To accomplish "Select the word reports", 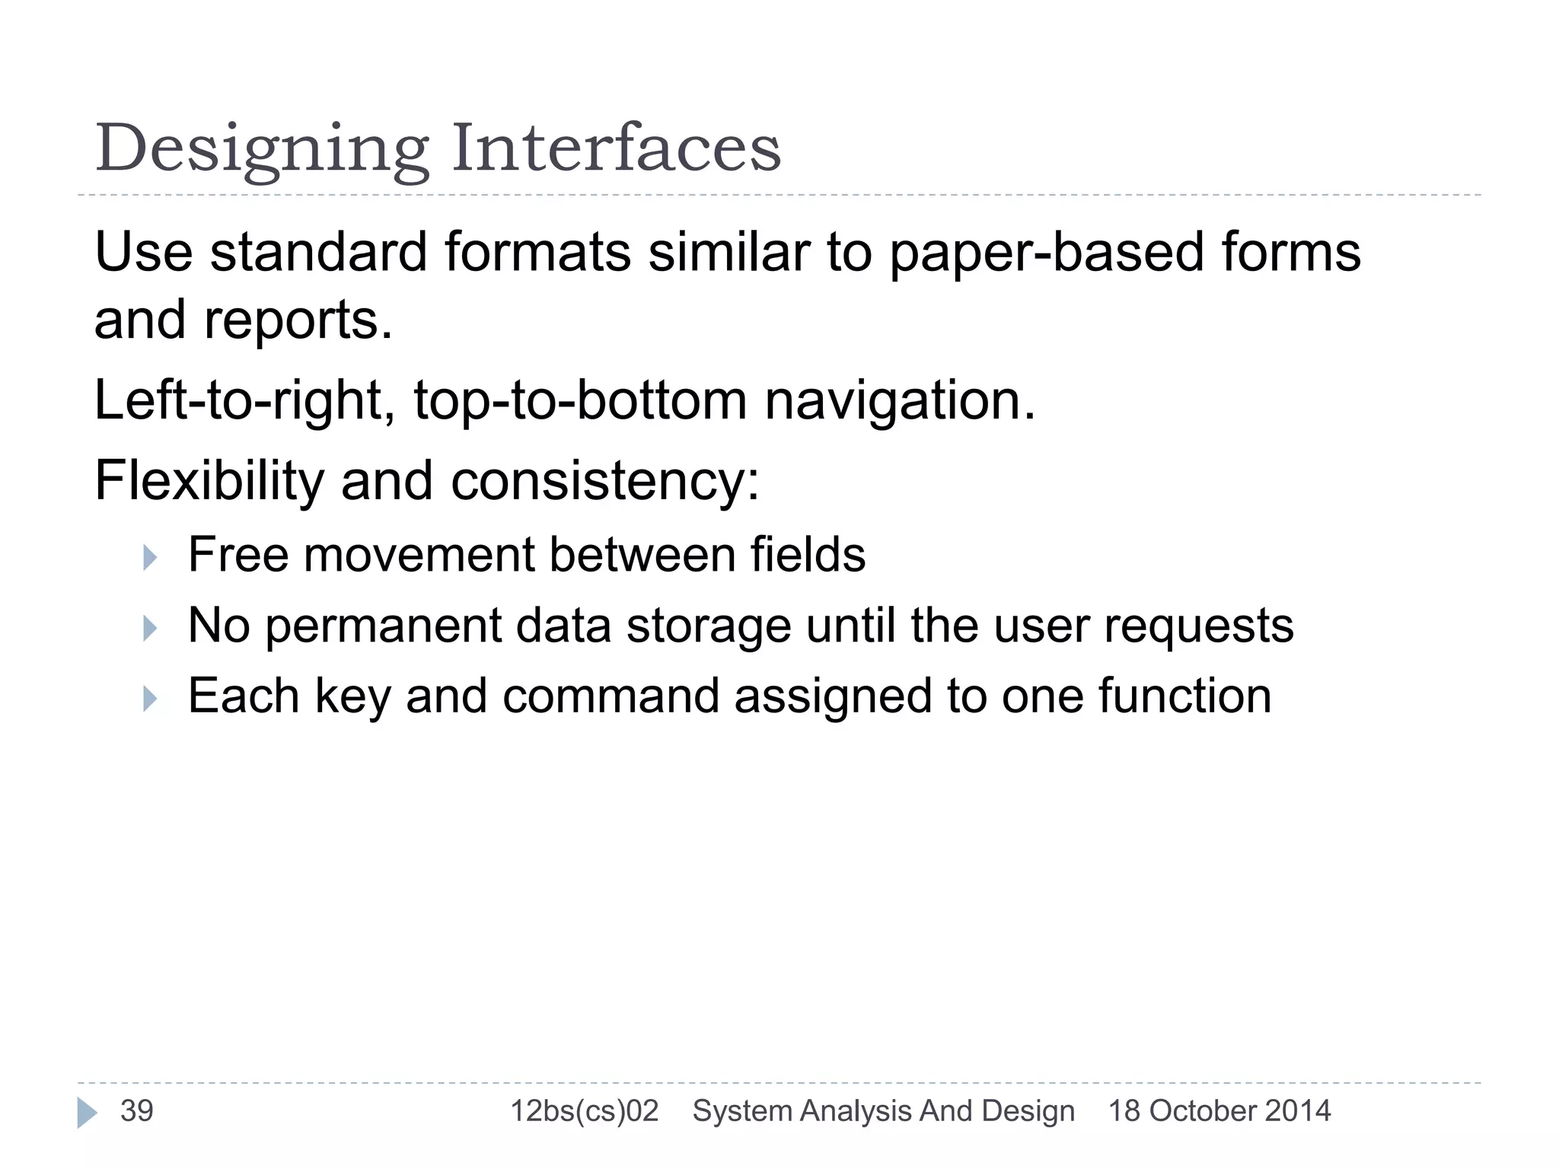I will (298, 320).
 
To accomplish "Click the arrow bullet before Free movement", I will (150, 558).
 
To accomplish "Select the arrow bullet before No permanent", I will (150, 629).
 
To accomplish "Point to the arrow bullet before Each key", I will (150, 699).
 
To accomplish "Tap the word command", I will (611, 696).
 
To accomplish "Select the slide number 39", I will (137, 1111).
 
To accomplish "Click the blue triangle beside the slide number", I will (87, 1113).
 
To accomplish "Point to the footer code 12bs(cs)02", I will (584, 1111).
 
